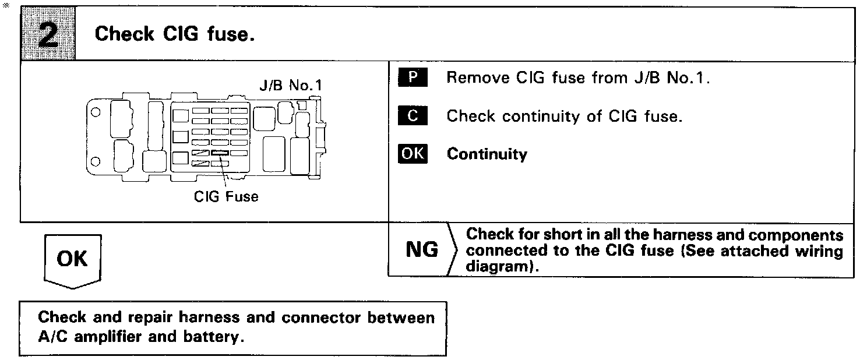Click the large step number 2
pos(48,34)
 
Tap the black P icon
pos(413,78)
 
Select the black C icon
pos(413,116)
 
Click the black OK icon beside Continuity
pos(413,154)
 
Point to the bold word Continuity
pos(487,154)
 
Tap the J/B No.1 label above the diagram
pos(290,86)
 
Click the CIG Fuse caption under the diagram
pos(226,196)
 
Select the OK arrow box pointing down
pos(73,259)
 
